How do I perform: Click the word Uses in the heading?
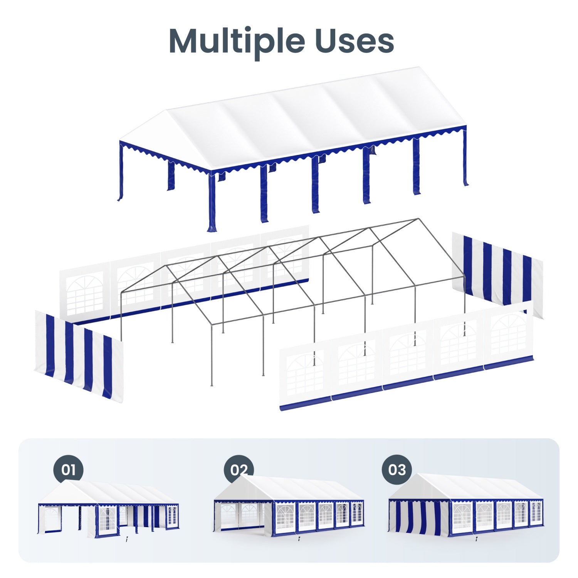point(355,41)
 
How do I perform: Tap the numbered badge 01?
point(68,470)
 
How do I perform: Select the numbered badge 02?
point(239,470)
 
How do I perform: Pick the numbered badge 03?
point(397,470)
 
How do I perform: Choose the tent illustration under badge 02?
point(289,505)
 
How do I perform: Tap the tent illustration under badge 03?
point(466,505)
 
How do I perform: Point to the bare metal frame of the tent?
point(293,293)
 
